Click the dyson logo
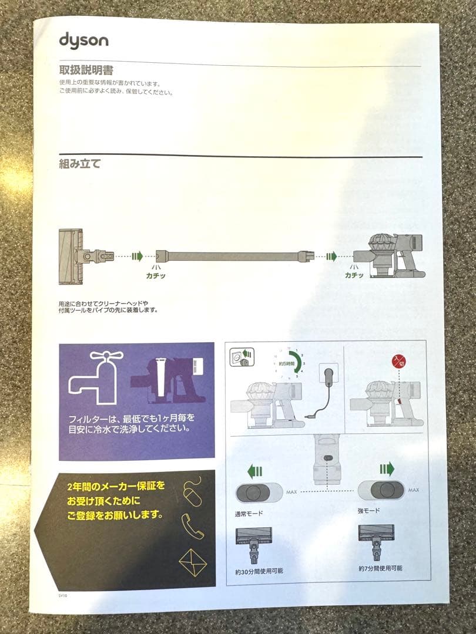coord(83,41)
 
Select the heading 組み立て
coord(79,164)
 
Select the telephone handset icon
coord(192,525)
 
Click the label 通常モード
coord(248,512)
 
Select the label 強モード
coord(369,511)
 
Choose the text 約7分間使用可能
coord(380,568)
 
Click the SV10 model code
coord(63,595)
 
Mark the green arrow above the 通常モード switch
coord(254,470)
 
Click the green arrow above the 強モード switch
coord(386,468)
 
